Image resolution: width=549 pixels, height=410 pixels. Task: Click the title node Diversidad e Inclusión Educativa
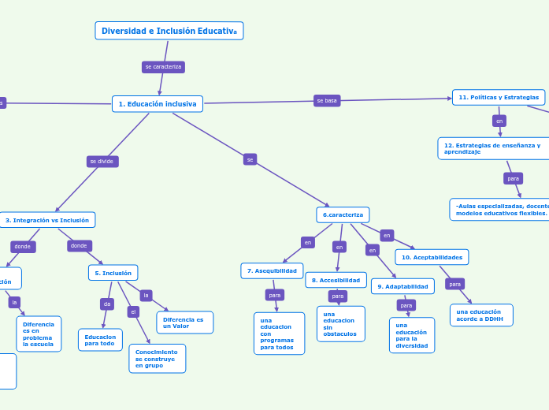169,31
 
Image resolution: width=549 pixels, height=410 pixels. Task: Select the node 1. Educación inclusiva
158,104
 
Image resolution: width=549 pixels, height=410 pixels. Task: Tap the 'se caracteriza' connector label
163,67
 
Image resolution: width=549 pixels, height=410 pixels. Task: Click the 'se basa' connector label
327,101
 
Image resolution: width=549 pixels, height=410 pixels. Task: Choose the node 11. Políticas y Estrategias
499,97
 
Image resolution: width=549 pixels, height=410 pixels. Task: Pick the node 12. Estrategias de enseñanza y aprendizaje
492,148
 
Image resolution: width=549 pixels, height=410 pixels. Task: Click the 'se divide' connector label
102,162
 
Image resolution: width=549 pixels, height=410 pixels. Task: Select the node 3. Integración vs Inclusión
47,220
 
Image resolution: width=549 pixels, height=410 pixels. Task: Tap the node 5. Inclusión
113,273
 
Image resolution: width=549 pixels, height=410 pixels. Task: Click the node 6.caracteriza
343,214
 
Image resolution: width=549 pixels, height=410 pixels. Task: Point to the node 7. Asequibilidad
272,271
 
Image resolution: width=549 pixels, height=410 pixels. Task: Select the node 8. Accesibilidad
336,280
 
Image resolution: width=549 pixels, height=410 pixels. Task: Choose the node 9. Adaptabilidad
402,286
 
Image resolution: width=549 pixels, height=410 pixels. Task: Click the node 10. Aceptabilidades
432,257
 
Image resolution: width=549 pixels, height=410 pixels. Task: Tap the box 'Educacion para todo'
100,340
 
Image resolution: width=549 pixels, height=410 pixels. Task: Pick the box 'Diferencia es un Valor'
184,322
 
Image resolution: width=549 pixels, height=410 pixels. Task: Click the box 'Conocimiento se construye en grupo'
157,358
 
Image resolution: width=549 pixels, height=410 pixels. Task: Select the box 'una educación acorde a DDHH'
481,315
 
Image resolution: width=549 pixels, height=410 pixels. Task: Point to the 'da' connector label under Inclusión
107,304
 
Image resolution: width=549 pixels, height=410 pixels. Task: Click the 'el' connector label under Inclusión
133,312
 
